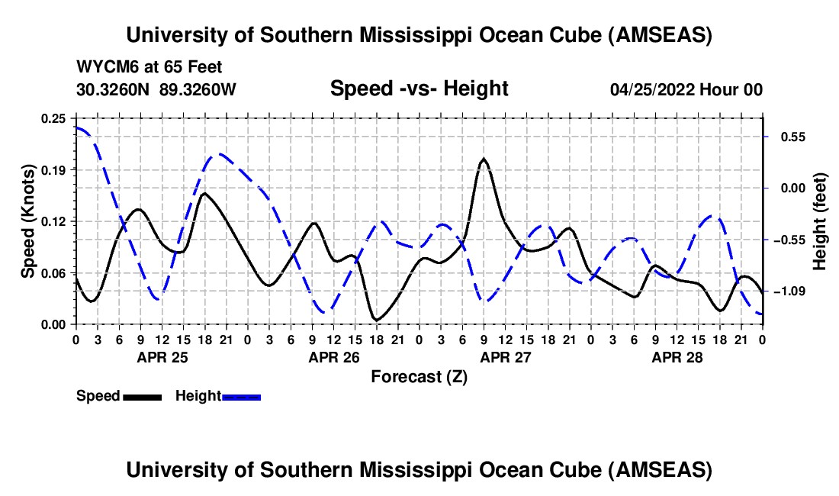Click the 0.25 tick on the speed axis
(56, 118)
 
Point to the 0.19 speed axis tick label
(56, 169)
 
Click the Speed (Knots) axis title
(28, 221)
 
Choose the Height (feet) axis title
(821, 222)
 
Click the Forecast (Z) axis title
(419, 376)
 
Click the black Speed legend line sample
(142, 397)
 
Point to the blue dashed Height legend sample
(241, 397)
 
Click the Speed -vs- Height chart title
(419, 89)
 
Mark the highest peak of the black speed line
(483, 159)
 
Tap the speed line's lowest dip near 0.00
(375, 320)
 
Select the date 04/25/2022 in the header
(653, 90)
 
